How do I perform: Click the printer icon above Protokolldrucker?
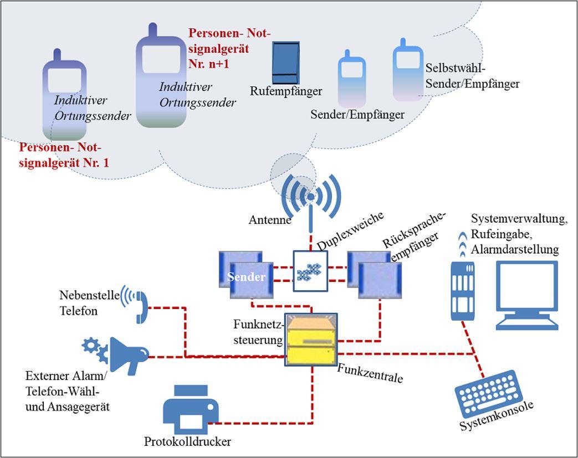click(190, 410)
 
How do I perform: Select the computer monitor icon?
click(526, 294)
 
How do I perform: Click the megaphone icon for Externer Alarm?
click(129, 354)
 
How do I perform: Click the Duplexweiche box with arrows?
click(310, 271)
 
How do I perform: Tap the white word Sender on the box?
click(245, 277)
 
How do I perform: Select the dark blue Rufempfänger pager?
click(286, 62)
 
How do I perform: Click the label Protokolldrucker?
click(187, 442)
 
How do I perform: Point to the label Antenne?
click(270, 220)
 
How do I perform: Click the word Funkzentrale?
click(370, 374)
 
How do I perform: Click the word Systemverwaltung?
click(519, 219)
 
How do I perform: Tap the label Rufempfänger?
click(286, 91)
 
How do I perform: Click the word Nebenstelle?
click(89, 296)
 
